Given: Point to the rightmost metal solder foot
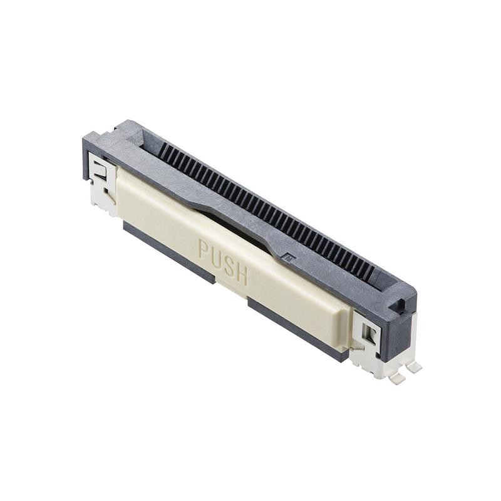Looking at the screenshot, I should tap(414, 368).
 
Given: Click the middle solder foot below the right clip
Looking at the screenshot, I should tap(396, 378).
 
